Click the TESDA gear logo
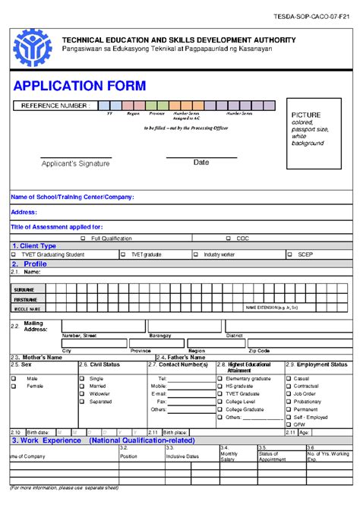(x=32, y=45)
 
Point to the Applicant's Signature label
(x=76, y=163)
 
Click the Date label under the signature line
(x=201, y=162)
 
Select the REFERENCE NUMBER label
(x=58, y=106)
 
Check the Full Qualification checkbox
(x=83, y=238)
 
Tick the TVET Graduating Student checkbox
(x=14, y=254)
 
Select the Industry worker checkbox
(x=196, y=254)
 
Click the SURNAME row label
(x=24, y=290)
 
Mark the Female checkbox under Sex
(x=14, y=386)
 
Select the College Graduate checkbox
(x=219, y=409)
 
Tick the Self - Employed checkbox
(x=288, y=417)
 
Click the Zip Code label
(x=259, y=351)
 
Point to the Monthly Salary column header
(x=229, y=456)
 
